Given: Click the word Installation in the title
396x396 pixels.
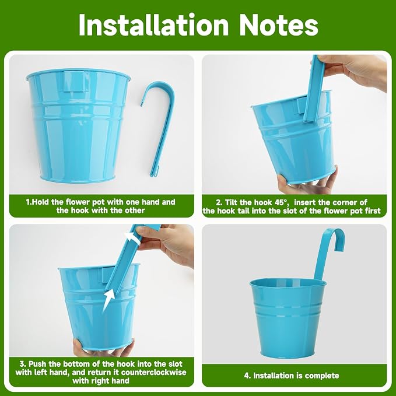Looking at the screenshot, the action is (x=153, y=24).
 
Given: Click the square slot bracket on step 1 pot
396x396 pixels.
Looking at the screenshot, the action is (x=76, y=81).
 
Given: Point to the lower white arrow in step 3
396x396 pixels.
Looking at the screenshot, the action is (x=108, y=300).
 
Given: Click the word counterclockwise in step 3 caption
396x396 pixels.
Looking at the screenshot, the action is (x=153, y=372).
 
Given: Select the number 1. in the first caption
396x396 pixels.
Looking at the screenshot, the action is (x=29, y=202).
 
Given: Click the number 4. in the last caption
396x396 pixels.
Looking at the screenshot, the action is (x=248, y=375).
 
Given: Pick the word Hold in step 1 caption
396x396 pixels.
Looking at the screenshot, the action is (x=41, y=202).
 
